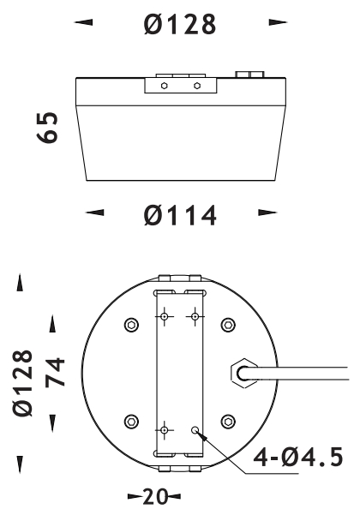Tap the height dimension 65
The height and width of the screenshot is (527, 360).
pyautogui.click(x=51, y=129)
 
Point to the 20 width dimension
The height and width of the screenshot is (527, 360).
pyautogui.click(x=154, y=496)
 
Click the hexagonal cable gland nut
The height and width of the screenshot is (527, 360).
pyautogui.click(x=242, y=372)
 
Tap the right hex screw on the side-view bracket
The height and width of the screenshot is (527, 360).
pyautogui.click(x=198, y=86)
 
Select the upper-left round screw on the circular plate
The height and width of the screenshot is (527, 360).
pyautogui.click(x=131, y=325)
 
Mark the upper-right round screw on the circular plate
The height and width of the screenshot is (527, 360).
pyautogui.click(x=228, y=325)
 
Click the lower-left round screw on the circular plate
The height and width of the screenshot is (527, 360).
pyautogui.click(x=131, y=421)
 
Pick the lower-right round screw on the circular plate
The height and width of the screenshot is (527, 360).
pyautogui.click(x=228, y=421)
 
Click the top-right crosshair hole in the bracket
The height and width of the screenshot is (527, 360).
pyautogui.click(x=196, y=318)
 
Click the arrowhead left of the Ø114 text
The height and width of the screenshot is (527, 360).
pyautogui.click(x=98, y=211)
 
